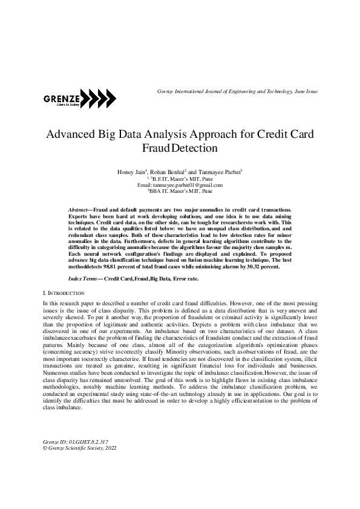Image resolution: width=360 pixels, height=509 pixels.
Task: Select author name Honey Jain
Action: point(130,172)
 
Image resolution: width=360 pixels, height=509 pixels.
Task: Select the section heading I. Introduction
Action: point(59,292)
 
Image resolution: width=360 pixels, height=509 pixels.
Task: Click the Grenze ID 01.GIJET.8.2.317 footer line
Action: point(74,443)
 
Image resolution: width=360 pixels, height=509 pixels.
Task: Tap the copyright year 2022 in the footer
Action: point(110,449)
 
